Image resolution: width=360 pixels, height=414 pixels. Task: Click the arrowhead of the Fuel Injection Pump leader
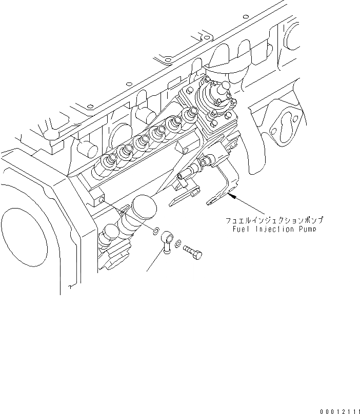point(232,195)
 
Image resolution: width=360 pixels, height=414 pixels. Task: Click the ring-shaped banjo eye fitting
point(167,239)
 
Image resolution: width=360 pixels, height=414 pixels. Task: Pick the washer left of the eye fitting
point(154,231)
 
